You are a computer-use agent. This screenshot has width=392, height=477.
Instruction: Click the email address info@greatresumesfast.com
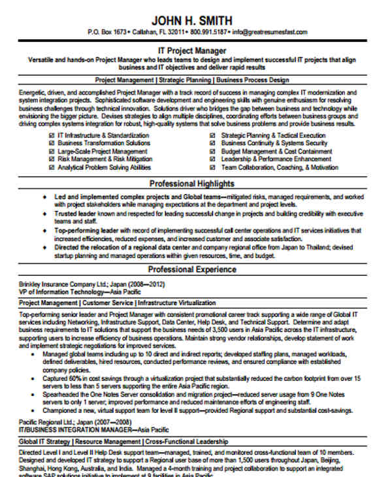click(x=268, y=31)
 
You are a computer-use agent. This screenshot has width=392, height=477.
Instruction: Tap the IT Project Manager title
click(x=196, y=50)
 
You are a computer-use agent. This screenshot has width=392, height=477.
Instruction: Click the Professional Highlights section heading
click(x=196, y=184)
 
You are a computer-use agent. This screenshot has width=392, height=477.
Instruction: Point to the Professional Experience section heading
click(x=196, y=269)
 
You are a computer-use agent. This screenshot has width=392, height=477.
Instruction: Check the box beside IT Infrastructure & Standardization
click(x=52, y=135)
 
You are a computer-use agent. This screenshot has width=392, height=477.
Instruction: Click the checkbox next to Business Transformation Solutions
click(x=52, y=143)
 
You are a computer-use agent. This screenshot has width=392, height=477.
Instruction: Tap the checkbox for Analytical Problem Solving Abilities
click(x=52, y=167)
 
